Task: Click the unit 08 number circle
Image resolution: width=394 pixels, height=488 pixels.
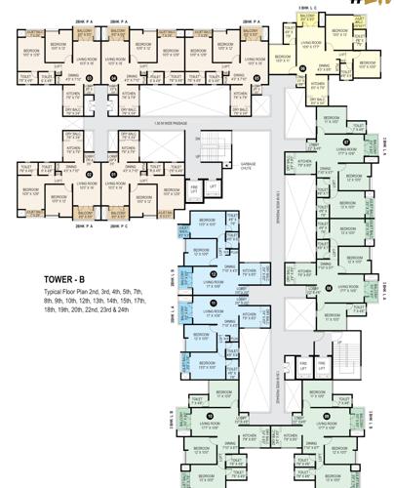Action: click(329, 287)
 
